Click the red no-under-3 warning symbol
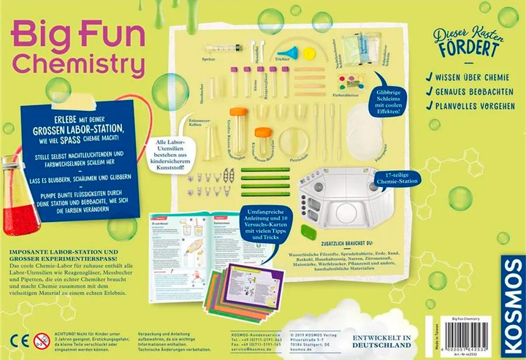42,340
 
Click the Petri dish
293,141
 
